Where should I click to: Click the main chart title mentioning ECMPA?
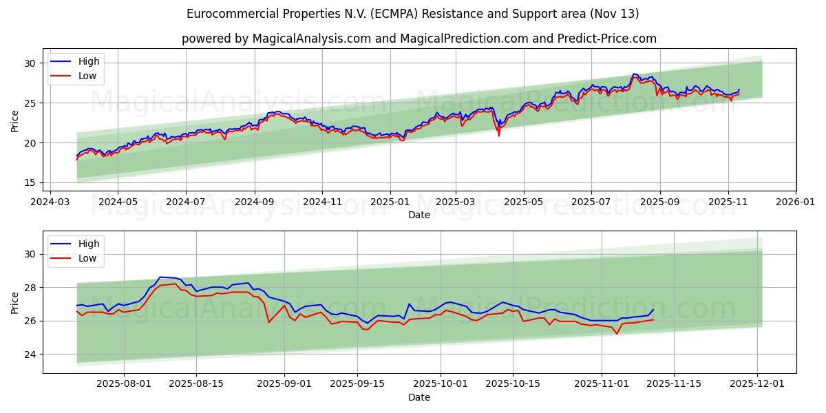coord(412,14)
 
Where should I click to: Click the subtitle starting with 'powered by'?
coord(419,39)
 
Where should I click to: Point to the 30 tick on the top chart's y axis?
coord(30,63)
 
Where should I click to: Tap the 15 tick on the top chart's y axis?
coord(30,182)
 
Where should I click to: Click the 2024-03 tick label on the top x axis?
coord(50,203)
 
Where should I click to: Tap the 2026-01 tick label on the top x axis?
coord(796,203)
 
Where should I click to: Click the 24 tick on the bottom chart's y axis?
coord(30,354)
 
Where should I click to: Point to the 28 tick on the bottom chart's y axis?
coord(30,287)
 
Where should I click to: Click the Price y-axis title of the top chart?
coord(15,120)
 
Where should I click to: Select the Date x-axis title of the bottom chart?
coord(419,397)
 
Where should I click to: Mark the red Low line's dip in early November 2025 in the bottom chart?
coord(617,334)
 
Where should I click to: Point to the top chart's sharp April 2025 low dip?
coord(498,135)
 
